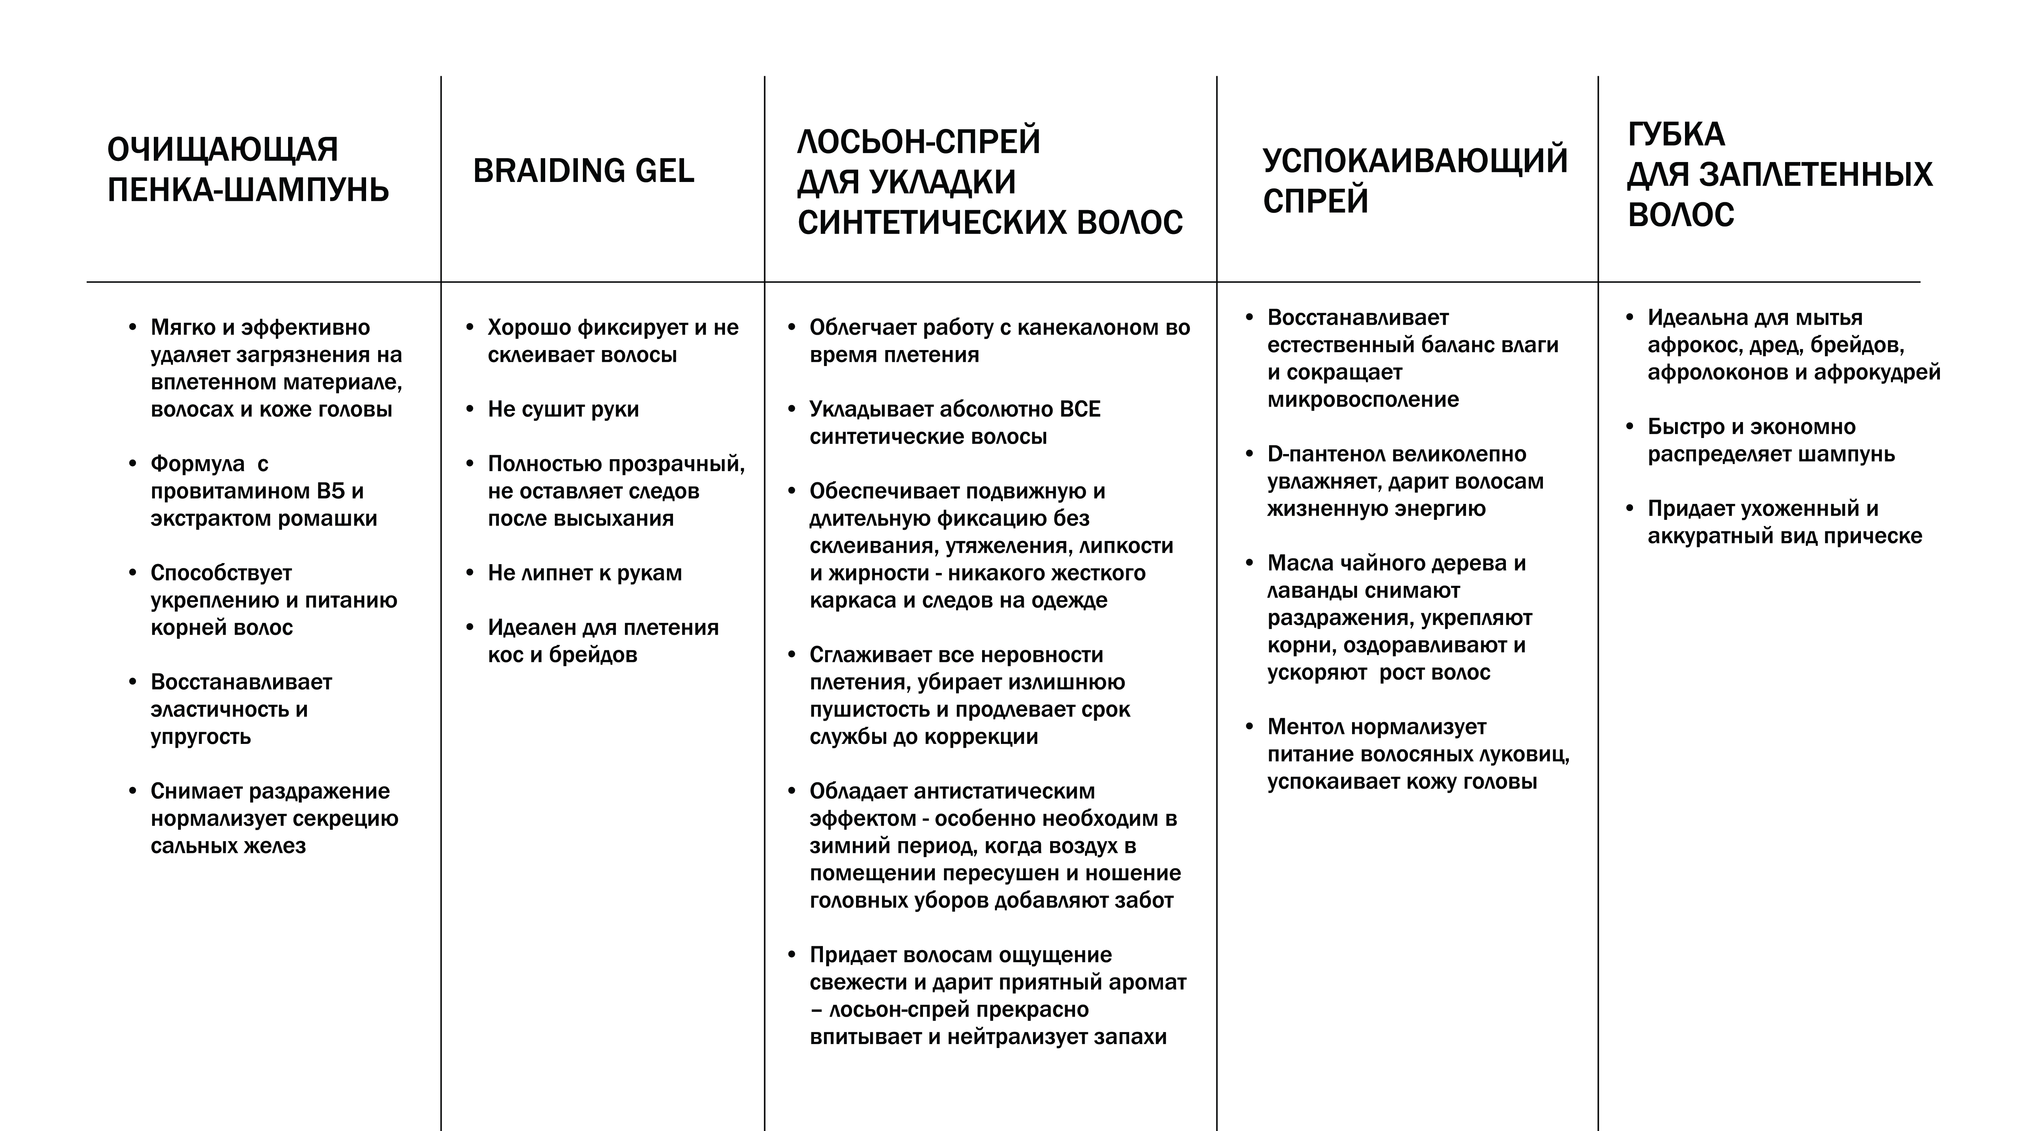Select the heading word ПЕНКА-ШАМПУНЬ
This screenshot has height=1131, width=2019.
tap(248, 191)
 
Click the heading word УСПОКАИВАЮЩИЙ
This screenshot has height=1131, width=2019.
tap(1415, 161)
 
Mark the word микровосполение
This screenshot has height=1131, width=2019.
tap(1363, 400)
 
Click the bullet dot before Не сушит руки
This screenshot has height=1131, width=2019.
tap(469, 409)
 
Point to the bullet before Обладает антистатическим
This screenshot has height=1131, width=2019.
tap(792, 791)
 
